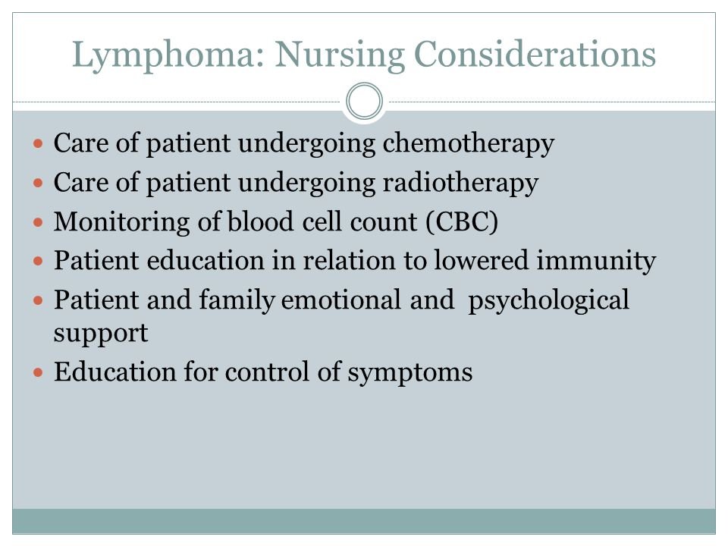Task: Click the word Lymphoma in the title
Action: (x=162, y=55)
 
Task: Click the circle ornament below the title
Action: (x=365, y=102)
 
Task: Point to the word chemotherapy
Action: (x=468, y=144)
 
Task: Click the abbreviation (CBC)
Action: (x=462, y=223)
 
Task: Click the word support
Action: (x=100, y=334)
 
